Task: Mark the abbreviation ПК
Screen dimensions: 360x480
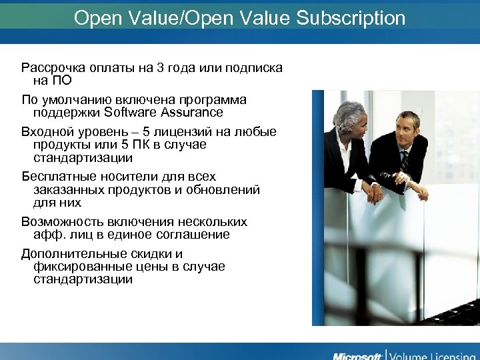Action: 137,145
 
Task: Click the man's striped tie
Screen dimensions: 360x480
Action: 405,161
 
